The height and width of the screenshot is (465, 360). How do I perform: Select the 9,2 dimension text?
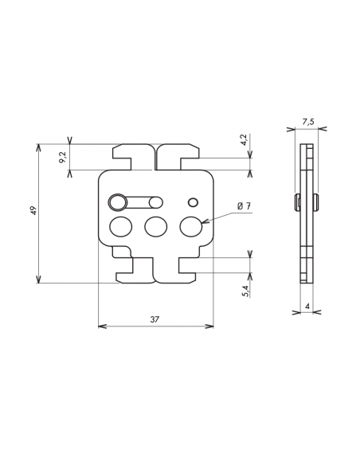point(62,158)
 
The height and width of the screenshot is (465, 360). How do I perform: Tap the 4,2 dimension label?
point(244,141)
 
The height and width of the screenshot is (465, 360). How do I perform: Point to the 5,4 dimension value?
point(245,291)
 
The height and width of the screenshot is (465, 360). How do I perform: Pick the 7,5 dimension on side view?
point(308,122)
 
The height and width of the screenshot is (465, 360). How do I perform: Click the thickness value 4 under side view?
point(307,306)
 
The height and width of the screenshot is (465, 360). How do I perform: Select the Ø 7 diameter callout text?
point(244,207)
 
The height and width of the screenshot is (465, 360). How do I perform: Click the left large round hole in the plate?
point(119,227)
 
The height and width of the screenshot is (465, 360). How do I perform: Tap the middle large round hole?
point(155,227)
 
